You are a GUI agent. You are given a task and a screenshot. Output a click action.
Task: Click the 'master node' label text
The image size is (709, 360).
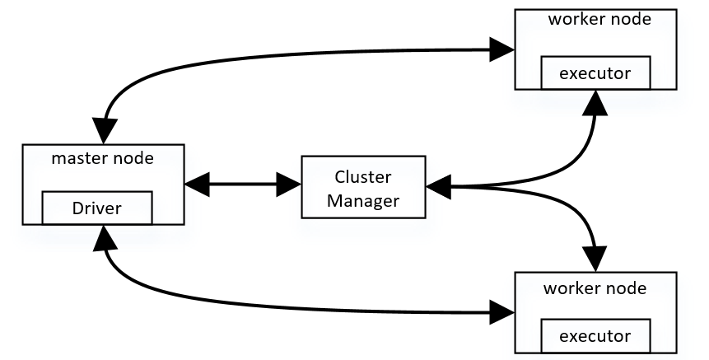pyautogui.click(x=102, y=159)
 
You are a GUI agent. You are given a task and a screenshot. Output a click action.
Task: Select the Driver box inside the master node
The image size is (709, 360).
pyautogui.click(x=96, y=208)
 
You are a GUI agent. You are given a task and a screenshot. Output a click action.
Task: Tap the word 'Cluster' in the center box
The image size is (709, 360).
pyautogui.click(x=363, y=177)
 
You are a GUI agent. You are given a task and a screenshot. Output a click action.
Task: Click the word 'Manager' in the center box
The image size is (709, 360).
pyautogui.click(x=363, y=199)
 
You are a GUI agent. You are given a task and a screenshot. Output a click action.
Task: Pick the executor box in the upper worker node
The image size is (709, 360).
pyautogui.click(x=595, y=73)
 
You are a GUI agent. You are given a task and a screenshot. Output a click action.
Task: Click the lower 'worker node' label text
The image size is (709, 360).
pyautogui.click(x=595, y=289)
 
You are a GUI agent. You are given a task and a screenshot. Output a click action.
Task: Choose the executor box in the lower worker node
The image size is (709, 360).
pyautogui.click(x=595, y=336)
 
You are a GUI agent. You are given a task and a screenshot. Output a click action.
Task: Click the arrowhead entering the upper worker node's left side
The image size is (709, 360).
pyautogui.click(x=501, y=49)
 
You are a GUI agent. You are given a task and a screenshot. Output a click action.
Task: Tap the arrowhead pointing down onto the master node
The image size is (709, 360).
pyautogui.click(x=105, y=130)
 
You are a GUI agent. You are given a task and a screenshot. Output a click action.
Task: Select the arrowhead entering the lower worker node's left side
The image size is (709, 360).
pyautogui.click(x=501, y=312)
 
